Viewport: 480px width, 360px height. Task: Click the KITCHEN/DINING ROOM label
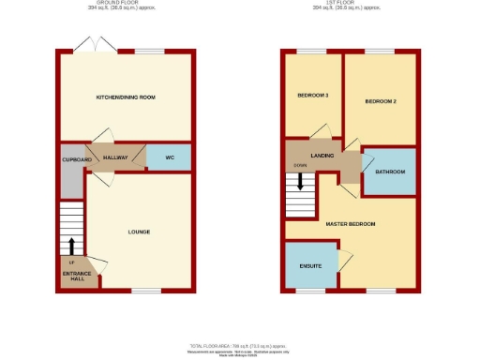pos(125,97)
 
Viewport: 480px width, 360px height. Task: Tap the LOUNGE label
pos(139,232)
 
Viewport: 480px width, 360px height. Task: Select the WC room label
pos(169,157)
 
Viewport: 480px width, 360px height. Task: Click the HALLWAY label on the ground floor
pos(114,157)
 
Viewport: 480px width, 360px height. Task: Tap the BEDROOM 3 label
pos(312,97)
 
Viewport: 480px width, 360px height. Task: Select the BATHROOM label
pos(390,172)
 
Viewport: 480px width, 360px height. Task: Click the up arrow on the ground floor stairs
pos(71,246)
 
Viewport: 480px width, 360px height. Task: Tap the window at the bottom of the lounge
pos(145,291)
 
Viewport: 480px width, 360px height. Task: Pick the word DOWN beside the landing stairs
pos(300,165)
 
